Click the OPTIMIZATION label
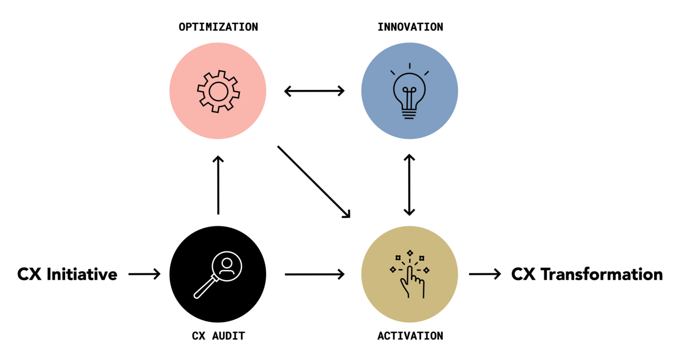click(x=218, y=27)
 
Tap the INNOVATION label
click(x=410, y=27)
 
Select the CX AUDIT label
click(x=218, y=336)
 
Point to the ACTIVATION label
click(x=410, y=336)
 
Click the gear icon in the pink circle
click(x=218, y=91)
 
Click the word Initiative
click(x=82, y=274)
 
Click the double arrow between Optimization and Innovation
click(x=314, y=90)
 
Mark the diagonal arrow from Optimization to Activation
click(x=314, y=181)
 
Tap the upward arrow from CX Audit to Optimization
click(x=218, y=185)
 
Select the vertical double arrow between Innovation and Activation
click(x=410, y=185)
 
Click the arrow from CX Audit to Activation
click(x=314, y=274)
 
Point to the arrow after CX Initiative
click(x=144, y=274)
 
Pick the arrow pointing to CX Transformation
click(x=485, y=274)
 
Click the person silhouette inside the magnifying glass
click(x=226, y=266)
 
